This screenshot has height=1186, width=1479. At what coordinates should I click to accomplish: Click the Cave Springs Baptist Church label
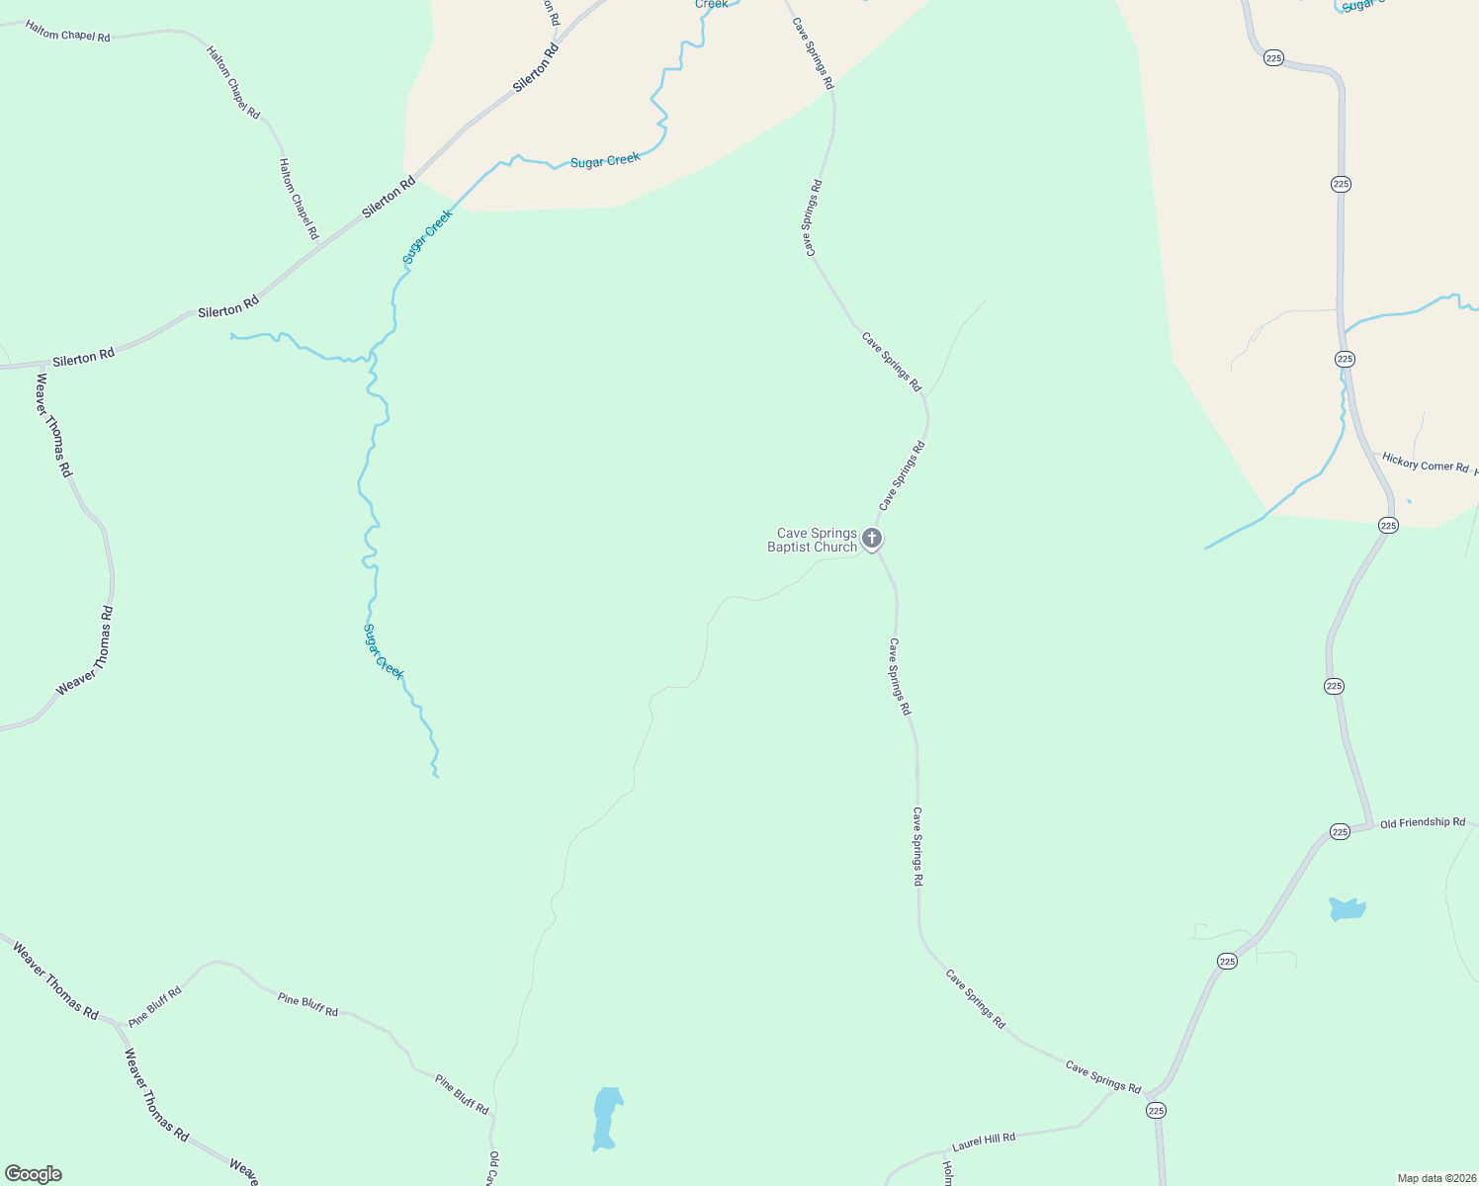tap(813, 540)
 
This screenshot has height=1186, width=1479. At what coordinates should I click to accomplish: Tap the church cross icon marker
tap(872, 539)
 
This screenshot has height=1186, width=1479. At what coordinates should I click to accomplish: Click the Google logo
tap(33, 1174)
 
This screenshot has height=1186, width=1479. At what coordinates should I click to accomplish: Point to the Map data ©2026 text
tap(1436, 1178)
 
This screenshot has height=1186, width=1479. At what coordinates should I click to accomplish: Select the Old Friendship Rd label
tap(1423, 822)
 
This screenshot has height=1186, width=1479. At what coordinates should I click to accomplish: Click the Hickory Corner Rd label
tap(1425, 463)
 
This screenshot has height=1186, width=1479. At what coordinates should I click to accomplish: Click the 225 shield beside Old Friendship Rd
tap(1340, 832)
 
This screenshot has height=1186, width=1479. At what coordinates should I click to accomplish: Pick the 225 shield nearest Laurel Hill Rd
tap(1157, 1111)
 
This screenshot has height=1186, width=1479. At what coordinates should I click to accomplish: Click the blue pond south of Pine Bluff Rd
tap(606, 1118)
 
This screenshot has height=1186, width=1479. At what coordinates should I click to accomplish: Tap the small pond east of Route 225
tap(1347, 909)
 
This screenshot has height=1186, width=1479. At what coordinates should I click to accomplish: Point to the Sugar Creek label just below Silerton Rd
tap(427, 237)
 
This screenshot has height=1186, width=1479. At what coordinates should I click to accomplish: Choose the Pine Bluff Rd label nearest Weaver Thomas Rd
tap(155, 1006)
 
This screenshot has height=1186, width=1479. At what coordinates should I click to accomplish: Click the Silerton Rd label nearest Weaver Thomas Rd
tap(83, 358)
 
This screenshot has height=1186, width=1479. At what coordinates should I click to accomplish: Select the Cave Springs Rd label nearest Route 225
tap(1102, 1076)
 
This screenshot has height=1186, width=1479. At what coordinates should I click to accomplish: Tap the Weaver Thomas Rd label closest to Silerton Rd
tap(53, 425)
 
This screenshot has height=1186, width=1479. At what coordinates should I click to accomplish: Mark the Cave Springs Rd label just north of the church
tap(902, 475)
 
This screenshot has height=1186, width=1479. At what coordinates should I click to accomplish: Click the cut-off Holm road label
tap(947, 1173)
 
